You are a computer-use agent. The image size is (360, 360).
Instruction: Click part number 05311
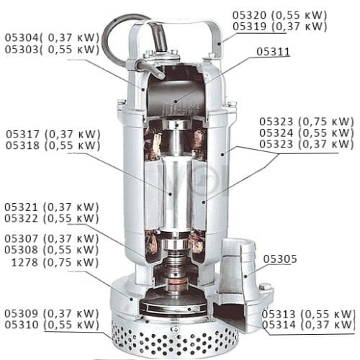click(273, 52)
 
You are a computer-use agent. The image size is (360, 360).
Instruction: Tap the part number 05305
click(280, 259)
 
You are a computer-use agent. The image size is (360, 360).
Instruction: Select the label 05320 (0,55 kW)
click(280, 15)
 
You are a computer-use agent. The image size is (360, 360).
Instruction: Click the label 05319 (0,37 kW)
click(280, 26)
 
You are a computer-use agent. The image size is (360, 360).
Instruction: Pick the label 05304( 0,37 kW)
click(52, 37)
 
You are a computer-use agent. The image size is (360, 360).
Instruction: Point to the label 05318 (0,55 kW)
click(53, 145)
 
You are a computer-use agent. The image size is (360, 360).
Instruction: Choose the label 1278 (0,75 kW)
click(55, 262)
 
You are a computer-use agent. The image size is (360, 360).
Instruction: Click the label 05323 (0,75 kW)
click(307, 122)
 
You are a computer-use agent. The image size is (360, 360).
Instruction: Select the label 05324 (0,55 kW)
click(307, 132)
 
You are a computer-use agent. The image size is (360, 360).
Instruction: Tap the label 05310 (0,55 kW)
click(52, 325)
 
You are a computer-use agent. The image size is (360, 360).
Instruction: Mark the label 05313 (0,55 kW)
click(308, 314)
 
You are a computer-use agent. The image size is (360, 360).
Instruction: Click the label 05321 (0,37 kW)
click(52, 207)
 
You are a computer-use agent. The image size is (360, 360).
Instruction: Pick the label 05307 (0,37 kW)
click(52, 238)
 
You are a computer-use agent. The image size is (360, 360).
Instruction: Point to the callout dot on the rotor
click(171, 194)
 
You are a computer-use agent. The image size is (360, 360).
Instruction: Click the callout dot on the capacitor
click(176, 102)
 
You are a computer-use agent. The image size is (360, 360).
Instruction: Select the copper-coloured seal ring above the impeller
click(176, 283)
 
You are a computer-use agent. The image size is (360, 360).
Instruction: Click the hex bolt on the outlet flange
click(265, 287)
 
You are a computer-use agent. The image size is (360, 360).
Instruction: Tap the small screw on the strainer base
click(176, 329)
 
